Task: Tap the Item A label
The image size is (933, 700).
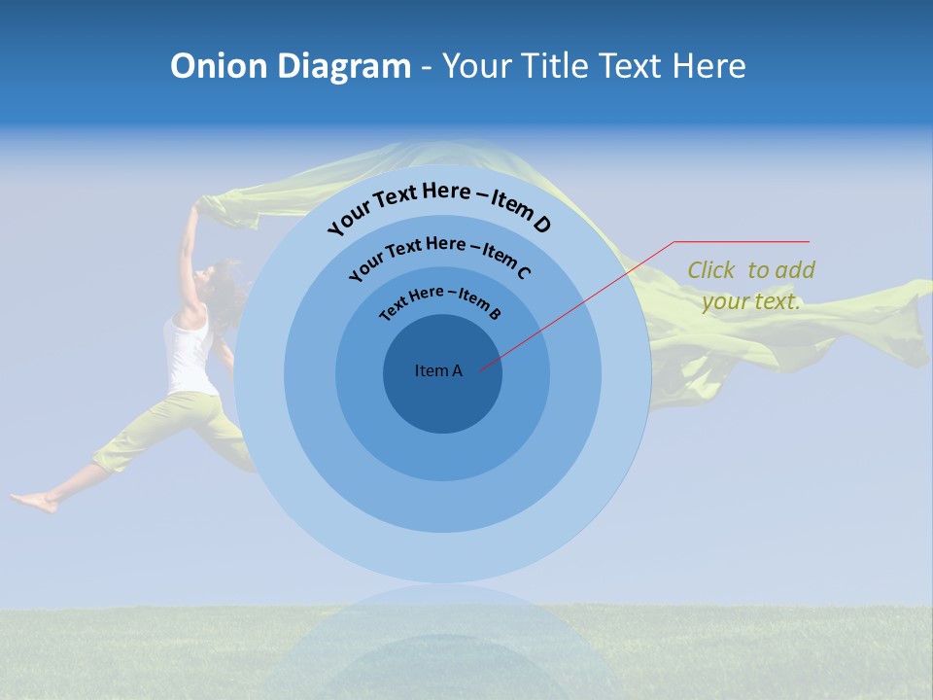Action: pos(438,370)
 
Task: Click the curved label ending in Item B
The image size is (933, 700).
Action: pos(439,300)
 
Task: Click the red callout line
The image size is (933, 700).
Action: pos(583,301)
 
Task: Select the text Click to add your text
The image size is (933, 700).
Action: pos(751,286)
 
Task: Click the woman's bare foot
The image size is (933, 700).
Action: pos(34,503)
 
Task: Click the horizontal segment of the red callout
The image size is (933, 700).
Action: pos(742,241)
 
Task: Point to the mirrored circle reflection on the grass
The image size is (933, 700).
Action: pos(443,647)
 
